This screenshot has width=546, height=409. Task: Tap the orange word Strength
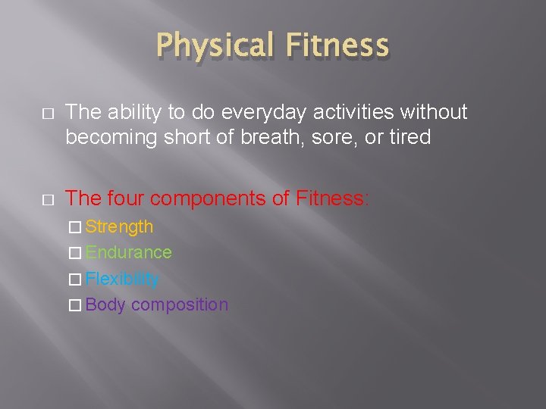(x=119, y=226)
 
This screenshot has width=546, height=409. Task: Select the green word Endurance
(x=128, y=252)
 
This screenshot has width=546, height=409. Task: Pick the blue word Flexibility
(x=122, y=279)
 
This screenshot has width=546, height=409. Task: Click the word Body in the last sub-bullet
(x=105, y=304)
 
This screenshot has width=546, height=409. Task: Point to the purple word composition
(x=180, y=304)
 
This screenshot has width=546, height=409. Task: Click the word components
(x=209, y=198)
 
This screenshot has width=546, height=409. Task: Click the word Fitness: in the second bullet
(x=332, y=198)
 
